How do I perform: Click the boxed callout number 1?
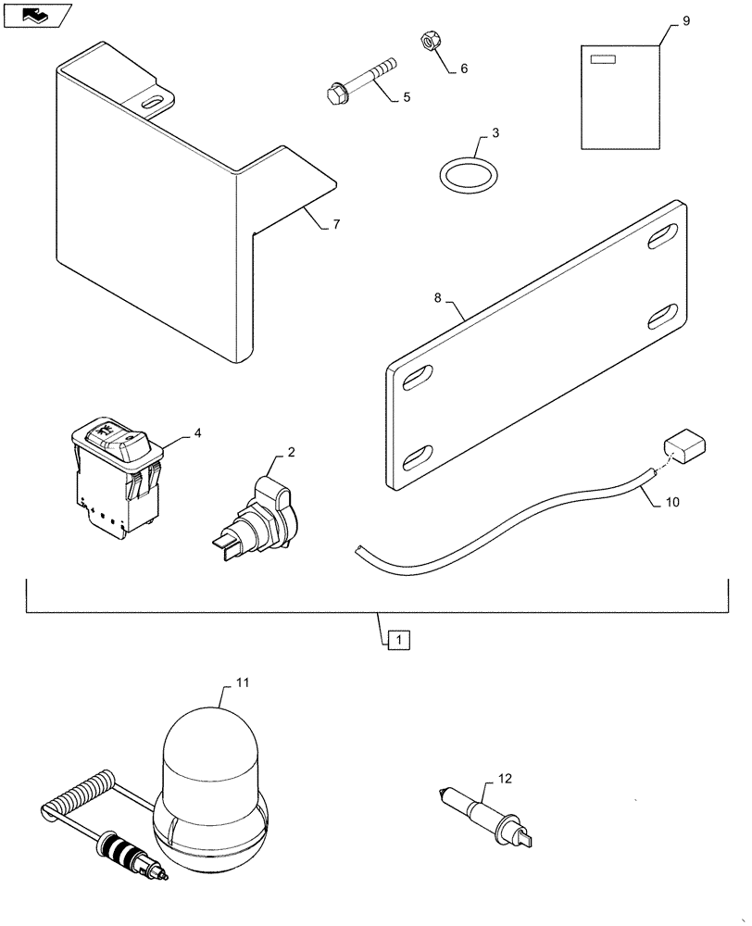coord(395,639)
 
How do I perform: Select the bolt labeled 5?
coord(361,81)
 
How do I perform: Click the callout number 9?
coord(686,19)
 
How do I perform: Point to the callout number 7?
coord(336,225)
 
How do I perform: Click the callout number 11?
coord(243,682)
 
